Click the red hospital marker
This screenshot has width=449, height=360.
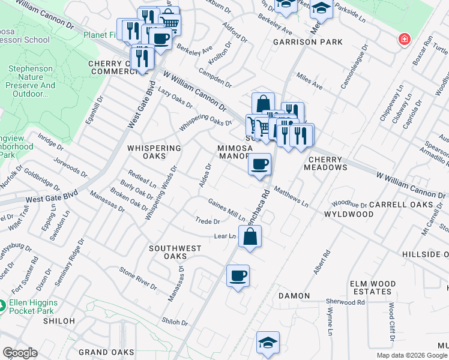[405, 40]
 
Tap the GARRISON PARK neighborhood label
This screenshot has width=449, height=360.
[307, 43]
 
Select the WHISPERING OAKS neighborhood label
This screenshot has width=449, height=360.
[154, 152]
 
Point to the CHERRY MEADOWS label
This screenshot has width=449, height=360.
[328, 164]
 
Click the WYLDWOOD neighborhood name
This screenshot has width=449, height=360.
[349, 214]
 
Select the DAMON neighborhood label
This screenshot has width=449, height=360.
[294, 296]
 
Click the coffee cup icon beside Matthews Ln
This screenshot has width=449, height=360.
[259, 164]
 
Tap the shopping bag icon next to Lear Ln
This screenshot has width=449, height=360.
[250, 236]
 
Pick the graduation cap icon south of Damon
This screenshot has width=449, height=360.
[268, 342]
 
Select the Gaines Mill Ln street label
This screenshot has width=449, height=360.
[226, 209]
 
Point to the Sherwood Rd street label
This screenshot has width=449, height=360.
[345, 302]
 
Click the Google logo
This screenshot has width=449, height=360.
[20, 353]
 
